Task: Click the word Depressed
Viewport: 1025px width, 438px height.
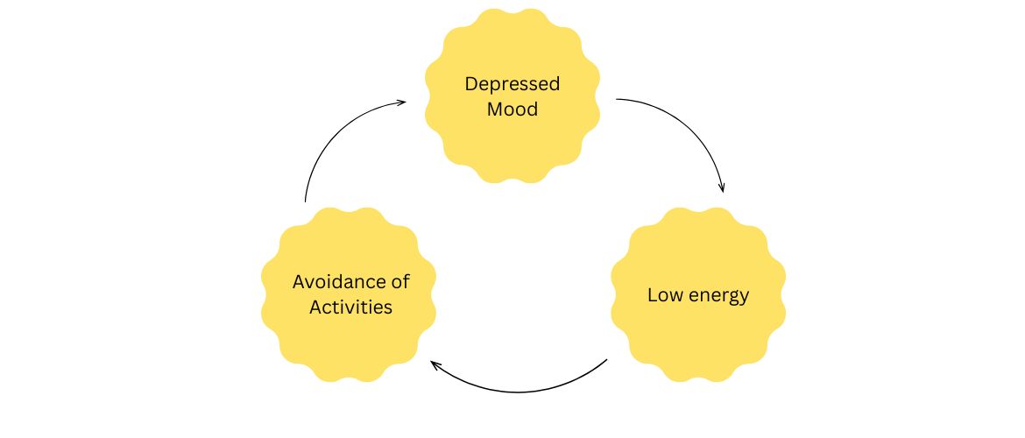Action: coord(512,85)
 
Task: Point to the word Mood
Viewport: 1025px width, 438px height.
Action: coord(512,111)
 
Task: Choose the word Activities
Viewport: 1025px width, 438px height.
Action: coord(350,307)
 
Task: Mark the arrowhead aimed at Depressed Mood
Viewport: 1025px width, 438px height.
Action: coord(402,102)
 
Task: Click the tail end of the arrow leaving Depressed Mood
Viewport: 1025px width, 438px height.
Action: coord(618,99)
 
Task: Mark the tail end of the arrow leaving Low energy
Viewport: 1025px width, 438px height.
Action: coord(606,359)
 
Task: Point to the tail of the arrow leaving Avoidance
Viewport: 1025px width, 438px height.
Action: coord(305,201)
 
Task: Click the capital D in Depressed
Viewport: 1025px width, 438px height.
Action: coord(470,85)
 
